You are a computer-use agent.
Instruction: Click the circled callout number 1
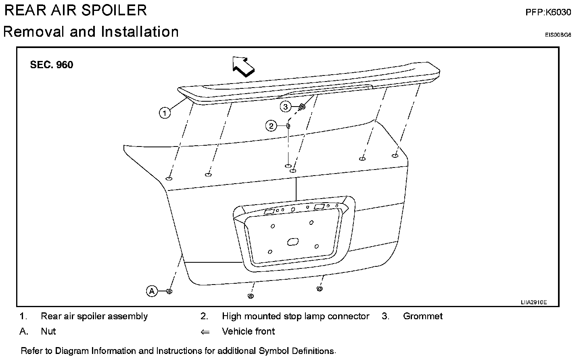coord(165,113)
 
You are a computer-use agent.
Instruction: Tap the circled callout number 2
coord(271,126)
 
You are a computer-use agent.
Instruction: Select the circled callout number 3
coord(286,107)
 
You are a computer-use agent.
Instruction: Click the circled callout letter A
coord(152,291)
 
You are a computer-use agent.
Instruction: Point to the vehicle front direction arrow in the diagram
coord(243,66)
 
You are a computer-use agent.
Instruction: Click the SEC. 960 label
coord(52,65)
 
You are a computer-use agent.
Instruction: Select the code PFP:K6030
coord(548,12)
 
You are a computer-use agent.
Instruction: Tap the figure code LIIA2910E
coord(533,302)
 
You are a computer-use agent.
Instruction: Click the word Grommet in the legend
coord(422,316)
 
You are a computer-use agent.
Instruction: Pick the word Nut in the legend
coord(48,331)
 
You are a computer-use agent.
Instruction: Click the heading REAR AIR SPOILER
coord(75,10)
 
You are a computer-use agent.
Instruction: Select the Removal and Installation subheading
coord(91,31)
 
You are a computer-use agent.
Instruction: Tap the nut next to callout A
coord(169,291)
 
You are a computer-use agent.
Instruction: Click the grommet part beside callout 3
coord(302,107)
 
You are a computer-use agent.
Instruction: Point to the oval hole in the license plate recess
coord(292,242)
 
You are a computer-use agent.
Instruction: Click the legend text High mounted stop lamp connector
coord(295,316)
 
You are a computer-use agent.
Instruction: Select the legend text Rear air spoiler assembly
coord(94,316)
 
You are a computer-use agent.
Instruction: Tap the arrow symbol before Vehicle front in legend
coord(205,332)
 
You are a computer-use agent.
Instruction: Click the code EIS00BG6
coord(558,35)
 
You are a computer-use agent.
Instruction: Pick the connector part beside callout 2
coord(288,126)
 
